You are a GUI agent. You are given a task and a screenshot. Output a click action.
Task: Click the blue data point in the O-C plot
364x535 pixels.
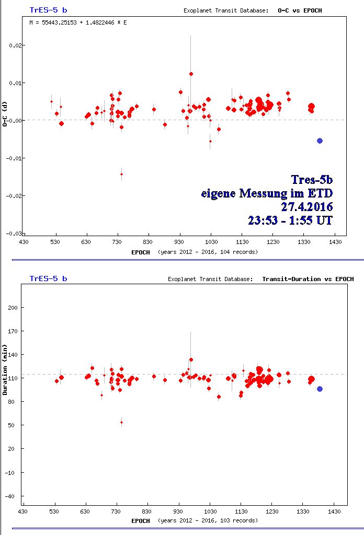(x=320, y=141)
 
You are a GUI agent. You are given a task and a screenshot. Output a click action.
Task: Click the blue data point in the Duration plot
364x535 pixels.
(x=320, y=389)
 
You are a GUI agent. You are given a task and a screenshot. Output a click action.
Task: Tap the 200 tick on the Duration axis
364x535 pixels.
(x=13, y=308)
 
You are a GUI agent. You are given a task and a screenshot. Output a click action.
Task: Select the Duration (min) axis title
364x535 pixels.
(x=5, y=369)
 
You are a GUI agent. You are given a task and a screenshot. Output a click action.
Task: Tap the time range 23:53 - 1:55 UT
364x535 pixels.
(x=290, y=220)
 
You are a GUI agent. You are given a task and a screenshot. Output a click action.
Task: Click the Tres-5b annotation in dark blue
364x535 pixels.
(x=312, y=180)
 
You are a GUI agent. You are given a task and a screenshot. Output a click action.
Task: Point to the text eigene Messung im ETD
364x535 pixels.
(x=267, y=193)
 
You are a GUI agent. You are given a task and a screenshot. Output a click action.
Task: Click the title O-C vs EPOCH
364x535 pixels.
(x=304, y=10)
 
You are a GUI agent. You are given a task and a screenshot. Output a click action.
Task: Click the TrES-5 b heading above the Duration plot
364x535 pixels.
(x=48, y=278)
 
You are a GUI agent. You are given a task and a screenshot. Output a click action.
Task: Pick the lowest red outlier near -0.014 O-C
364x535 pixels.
(x=121, y=174)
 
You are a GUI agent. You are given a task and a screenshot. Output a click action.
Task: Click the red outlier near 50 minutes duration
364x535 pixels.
(x=121, y=422)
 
